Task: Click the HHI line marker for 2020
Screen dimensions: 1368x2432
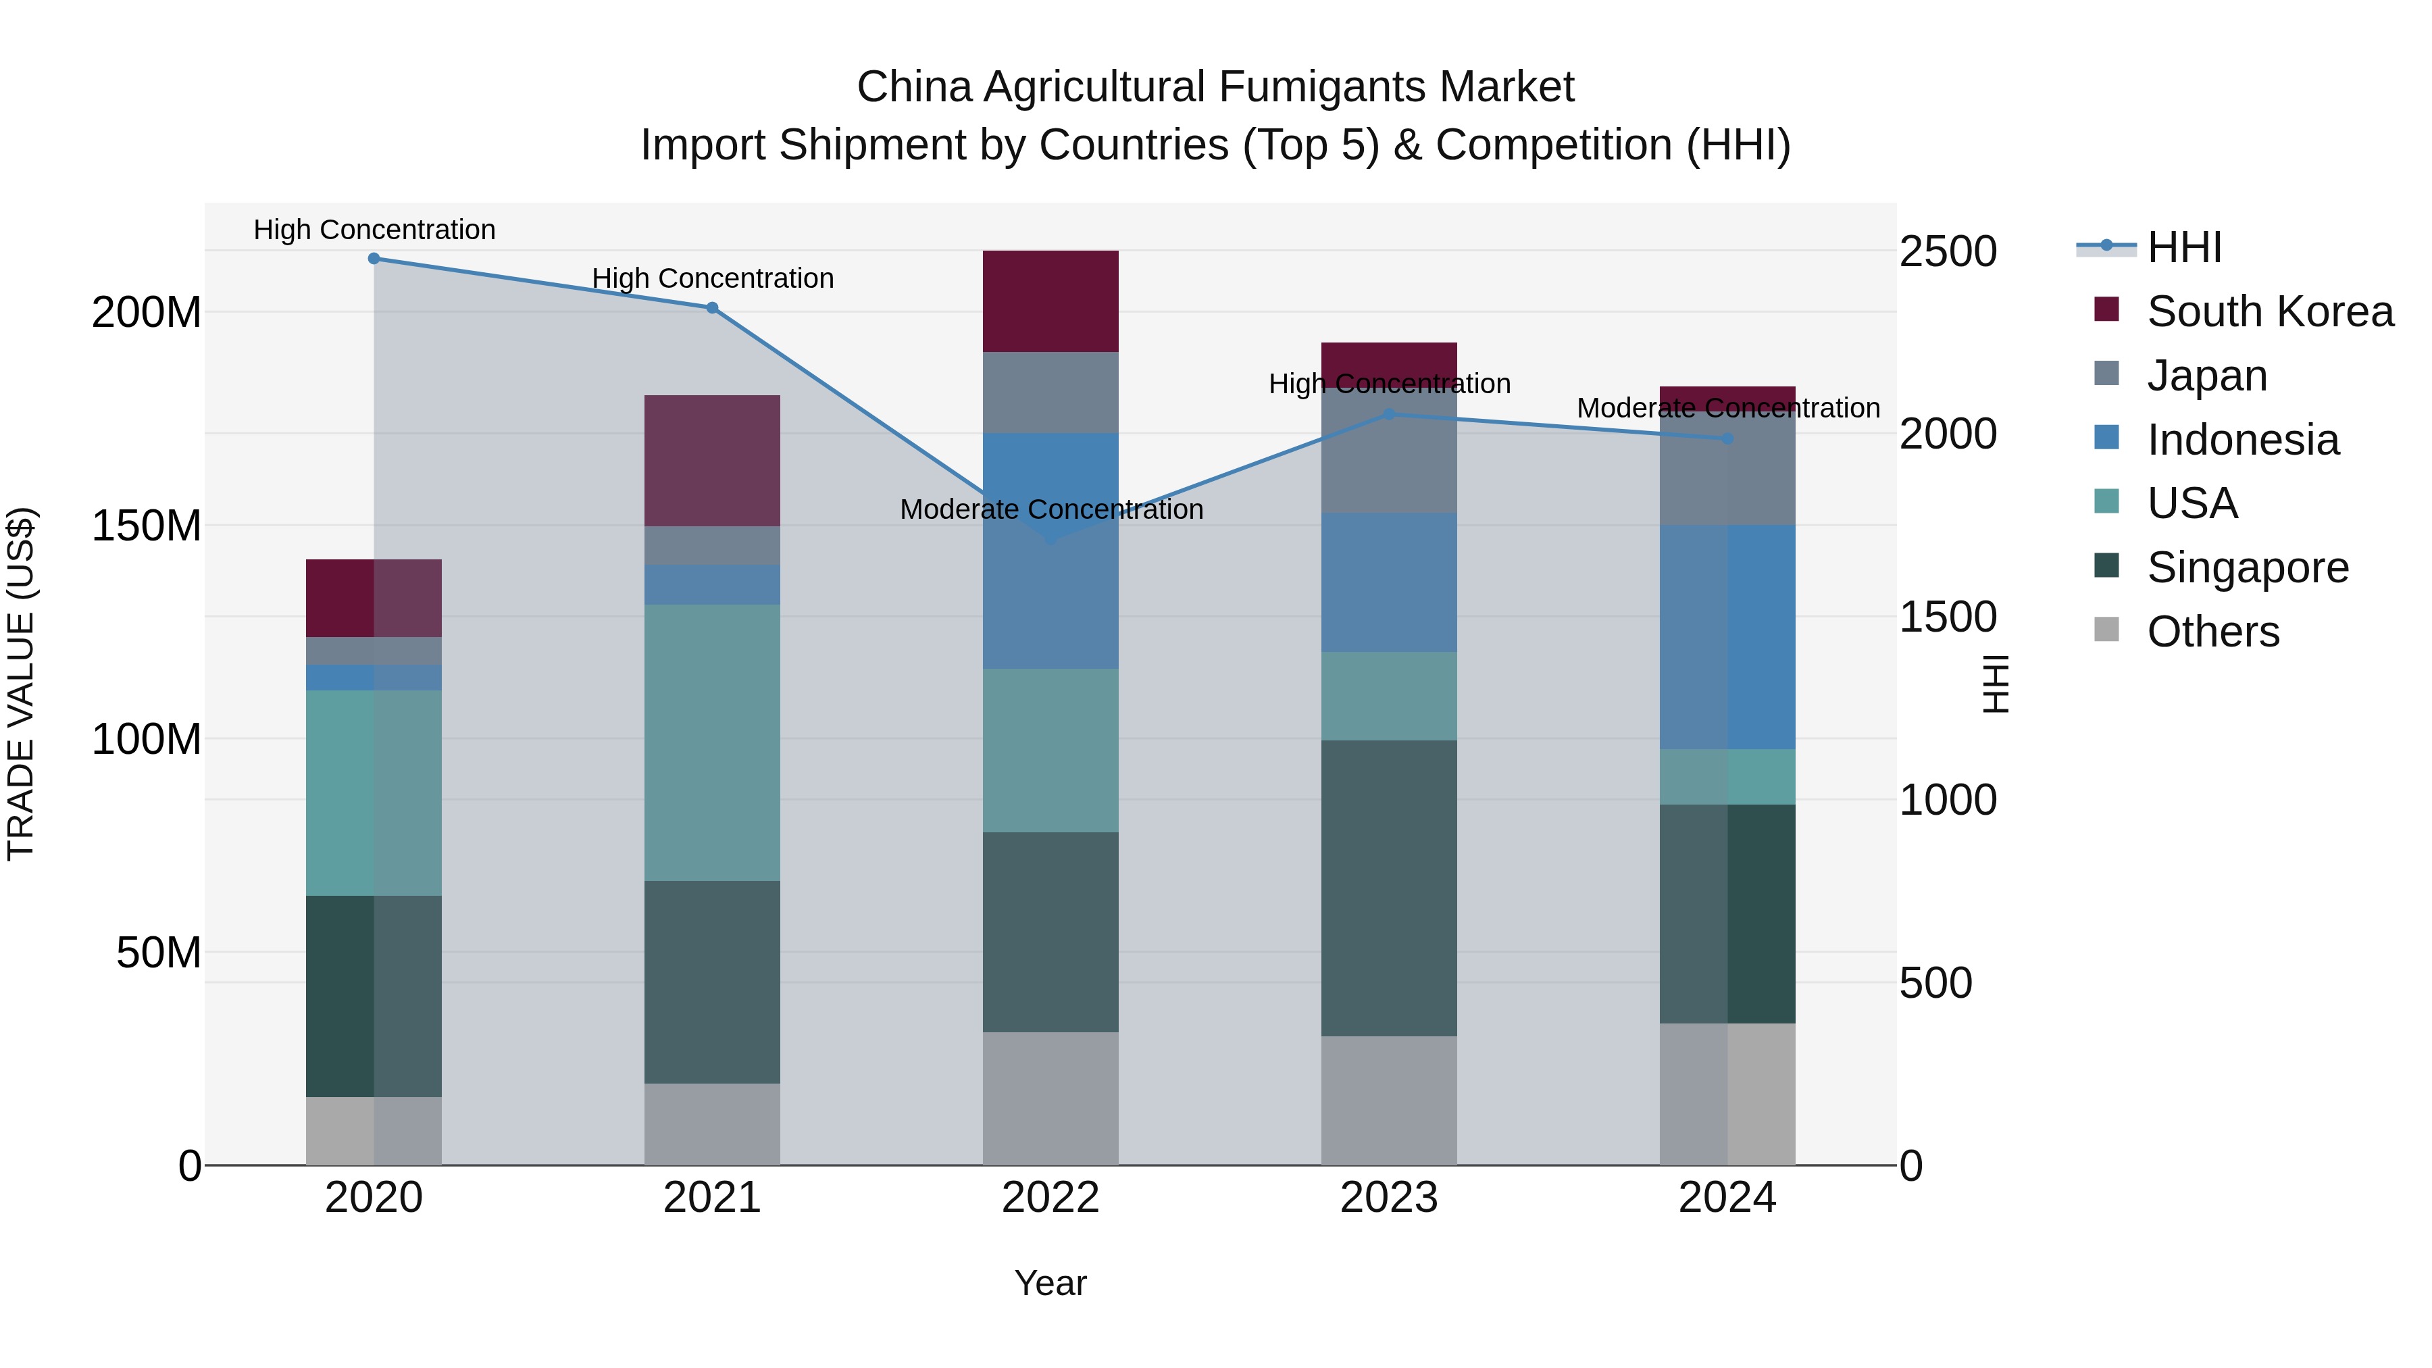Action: click(x=374, y=258)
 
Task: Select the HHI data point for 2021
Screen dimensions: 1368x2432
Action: click(x=712, y=308)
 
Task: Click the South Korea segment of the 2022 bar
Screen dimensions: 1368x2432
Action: click(x=1050, y=301)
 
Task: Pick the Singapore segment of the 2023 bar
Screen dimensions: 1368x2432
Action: click(x=1389, y=888)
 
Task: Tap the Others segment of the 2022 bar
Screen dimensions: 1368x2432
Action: click(x=1050, y=1098)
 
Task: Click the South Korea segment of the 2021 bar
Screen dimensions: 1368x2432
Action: click(x=712, y=460)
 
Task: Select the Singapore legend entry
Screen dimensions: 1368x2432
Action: click(x=2247, y=567)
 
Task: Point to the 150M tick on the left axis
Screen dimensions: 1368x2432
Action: click(x=147, y=526)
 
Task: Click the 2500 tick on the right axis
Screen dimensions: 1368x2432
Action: click(x=1948, y=252)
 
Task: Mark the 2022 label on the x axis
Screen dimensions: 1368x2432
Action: click(x=1050, y=1198)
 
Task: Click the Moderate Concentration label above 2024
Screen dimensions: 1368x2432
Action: click(x=1727, y=408)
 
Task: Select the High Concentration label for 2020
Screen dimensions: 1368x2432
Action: click(x=374, y=230)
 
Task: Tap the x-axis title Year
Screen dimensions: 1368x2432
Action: click(x=1050, y=1283)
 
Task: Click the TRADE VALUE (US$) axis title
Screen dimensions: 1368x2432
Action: click(x=21, y=684)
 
